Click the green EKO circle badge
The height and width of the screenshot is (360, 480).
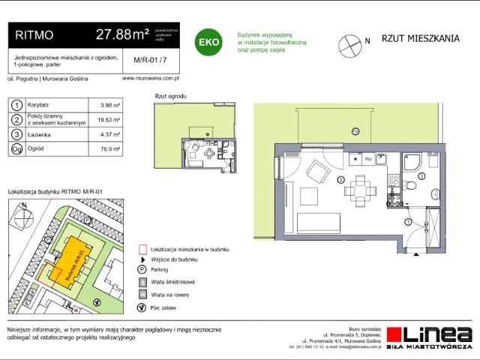click(208, 42)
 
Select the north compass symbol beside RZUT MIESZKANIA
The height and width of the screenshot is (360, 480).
click(349, 44)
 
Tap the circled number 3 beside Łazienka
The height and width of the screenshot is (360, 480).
click(16, 134)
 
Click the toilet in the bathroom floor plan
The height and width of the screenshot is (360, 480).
click(411, 185)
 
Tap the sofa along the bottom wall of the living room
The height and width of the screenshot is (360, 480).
click(323, 223)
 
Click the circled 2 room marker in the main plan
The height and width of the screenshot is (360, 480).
click(340, 181)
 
